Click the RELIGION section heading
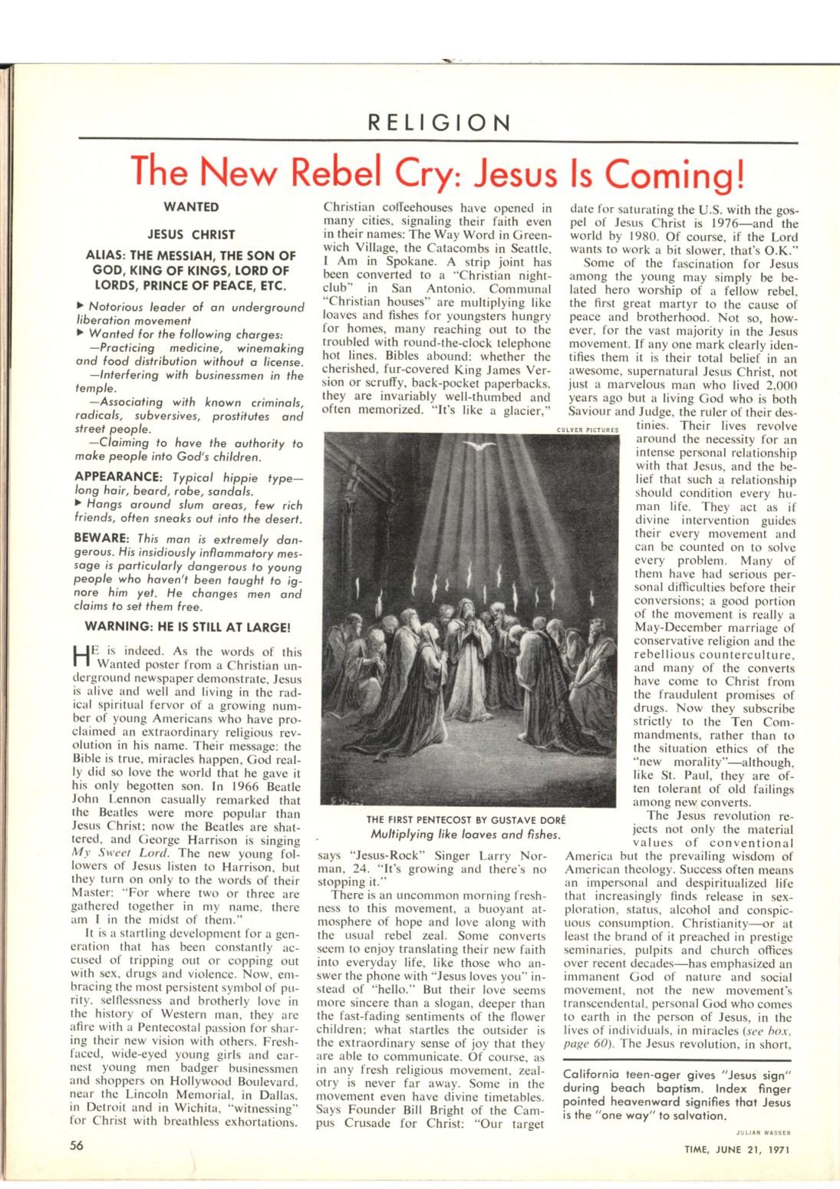click(439, 123)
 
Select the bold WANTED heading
click(192, 207)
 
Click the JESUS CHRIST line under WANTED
click(192, 235)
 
